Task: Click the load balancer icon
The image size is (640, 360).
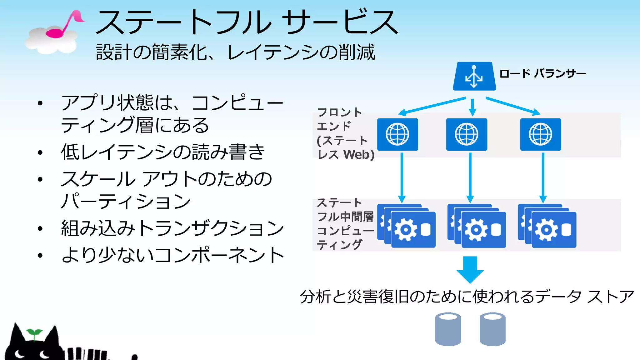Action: point(474,77)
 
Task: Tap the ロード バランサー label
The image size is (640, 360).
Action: point(542,74)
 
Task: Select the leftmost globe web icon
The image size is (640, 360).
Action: point(397,134)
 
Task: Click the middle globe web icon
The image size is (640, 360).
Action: point(467,134)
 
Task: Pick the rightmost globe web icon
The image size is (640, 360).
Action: point(540,134)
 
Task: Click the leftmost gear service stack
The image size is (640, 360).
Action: point(407,227)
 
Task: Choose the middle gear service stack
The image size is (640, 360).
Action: point(477,227)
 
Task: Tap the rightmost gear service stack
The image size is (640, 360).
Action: point(547,227)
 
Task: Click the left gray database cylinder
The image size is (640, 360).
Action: point(448,329)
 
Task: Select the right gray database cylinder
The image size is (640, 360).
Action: point(492,329)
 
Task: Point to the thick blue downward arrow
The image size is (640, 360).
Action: point(470,269)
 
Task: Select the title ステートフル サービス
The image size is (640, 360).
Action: point(247,22)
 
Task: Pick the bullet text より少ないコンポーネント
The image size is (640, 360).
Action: point(172,255)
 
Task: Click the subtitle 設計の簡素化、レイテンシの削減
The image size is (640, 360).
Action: point(235,52)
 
